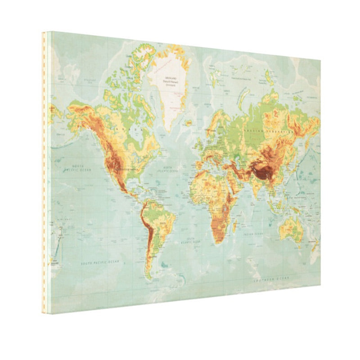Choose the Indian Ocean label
252,234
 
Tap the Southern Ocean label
270,280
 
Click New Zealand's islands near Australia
315,245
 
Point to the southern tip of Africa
219,242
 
